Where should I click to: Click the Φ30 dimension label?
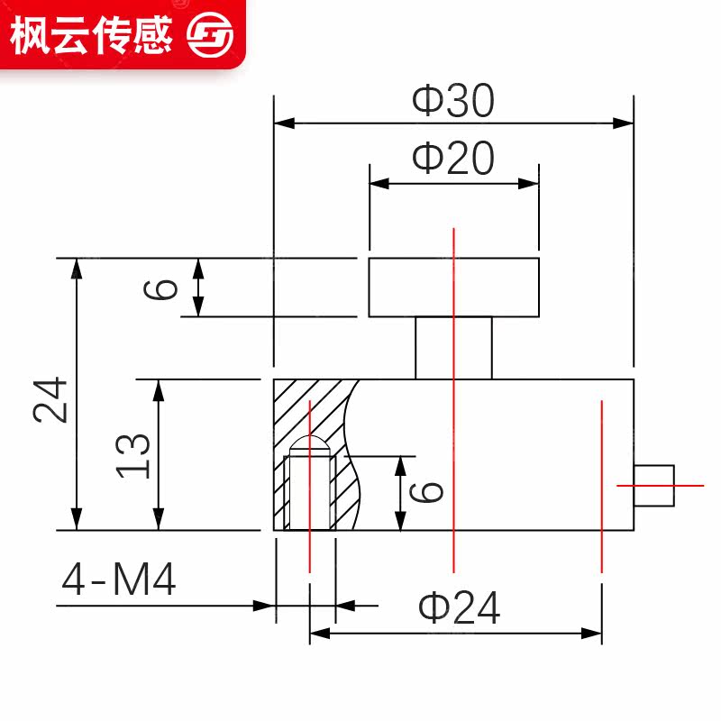tap(453, 102)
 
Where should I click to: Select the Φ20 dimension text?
tap(453, 159)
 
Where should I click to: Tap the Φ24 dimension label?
tap(459, 609)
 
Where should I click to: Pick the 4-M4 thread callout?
tap(118, 581)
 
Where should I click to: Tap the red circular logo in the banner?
tap(209, 34)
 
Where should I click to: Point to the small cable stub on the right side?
tap(654, 485)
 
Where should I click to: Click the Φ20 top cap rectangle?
tap(453, 287)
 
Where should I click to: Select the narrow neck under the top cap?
tap(453, 348)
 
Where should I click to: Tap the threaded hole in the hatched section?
tap(310, 492)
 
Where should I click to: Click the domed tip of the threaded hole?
tap(310, 446)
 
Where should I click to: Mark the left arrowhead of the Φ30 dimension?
tap(281, 123)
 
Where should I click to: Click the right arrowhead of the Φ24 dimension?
tap(594, 634)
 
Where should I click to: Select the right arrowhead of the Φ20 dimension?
tap(531, 183)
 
